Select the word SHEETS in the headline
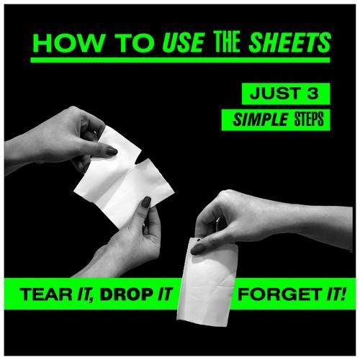[x=290, y=42]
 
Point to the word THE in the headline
[x=228, y=42]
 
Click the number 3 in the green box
[x=312, y=94]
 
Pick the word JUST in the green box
[x=272, y=94]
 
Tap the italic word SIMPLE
[x=260, y=120]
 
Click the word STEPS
[x=309, y=120]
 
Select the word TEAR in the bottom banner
[x=46, y=294]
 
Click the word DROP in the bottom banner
[x=127, y=294]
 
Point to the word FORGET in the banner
[x=280, y=294]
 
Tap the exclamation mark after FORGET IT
[x=343, y=294]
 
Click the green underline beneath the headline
[x=180, y=60]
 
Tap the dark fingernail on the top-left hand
[x=112, y=151]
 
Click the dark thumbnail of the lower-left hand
[x=146, y=202]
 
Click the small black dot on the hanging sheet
[x=199, y=239]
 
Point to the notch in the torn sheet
[x=137, y=161]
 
